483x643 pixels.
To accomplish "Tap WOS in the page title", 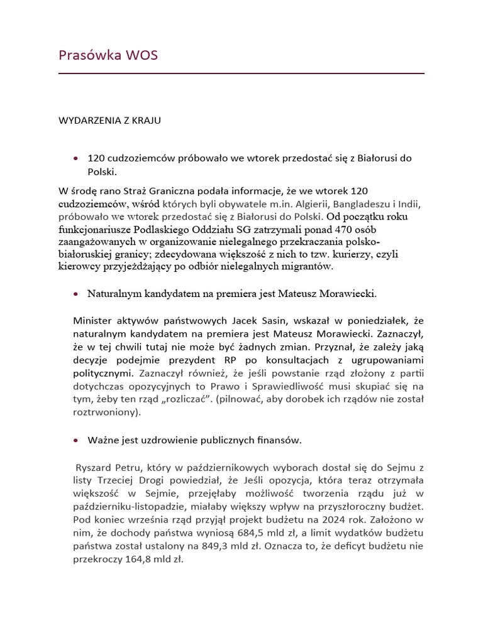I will click(142, 55).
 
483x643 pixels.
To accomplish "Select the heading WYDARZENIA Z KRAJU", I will click(109, 121).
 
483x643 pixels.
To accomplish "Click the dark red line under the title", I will click(241, 73).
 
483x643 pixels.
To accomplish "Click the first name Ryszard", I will click(93, 468).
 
